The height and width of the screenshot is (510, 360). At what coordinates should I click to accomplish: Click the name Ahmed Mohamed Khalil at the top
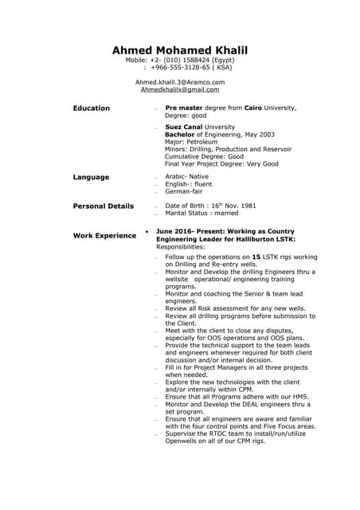click(180, 51)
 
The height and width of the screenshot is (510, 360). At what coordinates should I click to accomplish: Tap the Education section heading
click(92, 108)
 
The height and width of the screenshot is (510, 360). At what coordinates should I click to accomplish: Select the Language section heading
click(92, 177)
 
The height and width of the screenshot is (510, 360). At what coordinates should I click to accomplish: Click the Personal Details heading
click(104, 206)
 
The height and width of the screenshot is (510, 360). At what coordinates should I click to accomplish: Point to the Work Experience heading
click(104, 236)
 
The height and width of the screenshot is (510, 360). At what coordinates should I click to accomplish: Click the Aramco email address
click(180, 82)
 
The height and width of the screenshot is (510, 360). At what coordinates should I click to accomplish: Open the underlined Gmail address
click(180, 90)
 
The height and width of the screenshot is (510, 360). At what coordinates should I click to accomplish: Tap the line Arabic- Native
click(186, 177)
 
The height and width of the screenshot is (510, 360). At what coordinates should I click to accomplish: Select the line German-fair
click(184, 192)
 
